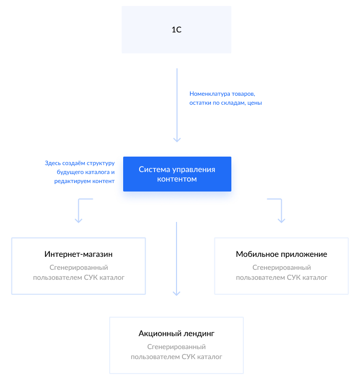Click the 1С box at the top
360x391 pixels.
coord(177,29)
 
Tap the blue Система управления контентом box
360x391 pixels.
coord(177,174)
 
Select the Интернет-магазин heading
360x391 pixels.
coord(79,254)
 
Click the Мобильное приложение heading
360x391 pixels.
coord(281,254)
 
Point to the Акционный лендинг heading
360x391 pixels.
coord(177,334)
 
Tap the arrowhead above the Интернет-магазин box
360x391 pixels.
coord(78,220)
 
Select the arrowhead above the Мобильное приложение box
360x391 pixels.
coord(282,220)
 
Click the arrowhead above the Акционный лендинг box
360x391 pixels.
coord(177,294)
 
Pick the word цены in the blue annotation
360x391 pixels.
coord(254,103)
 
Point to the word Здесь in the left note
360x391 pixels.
coord(52,163)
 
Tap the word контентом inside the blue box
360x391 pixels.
coord(177,179)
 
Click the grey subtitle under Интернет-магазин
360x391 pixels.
coord(79,272)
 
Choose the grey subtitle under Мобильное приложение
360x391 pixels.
coord(281,272)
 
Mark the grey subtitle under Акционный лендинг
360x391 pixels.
coord(177,352)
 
